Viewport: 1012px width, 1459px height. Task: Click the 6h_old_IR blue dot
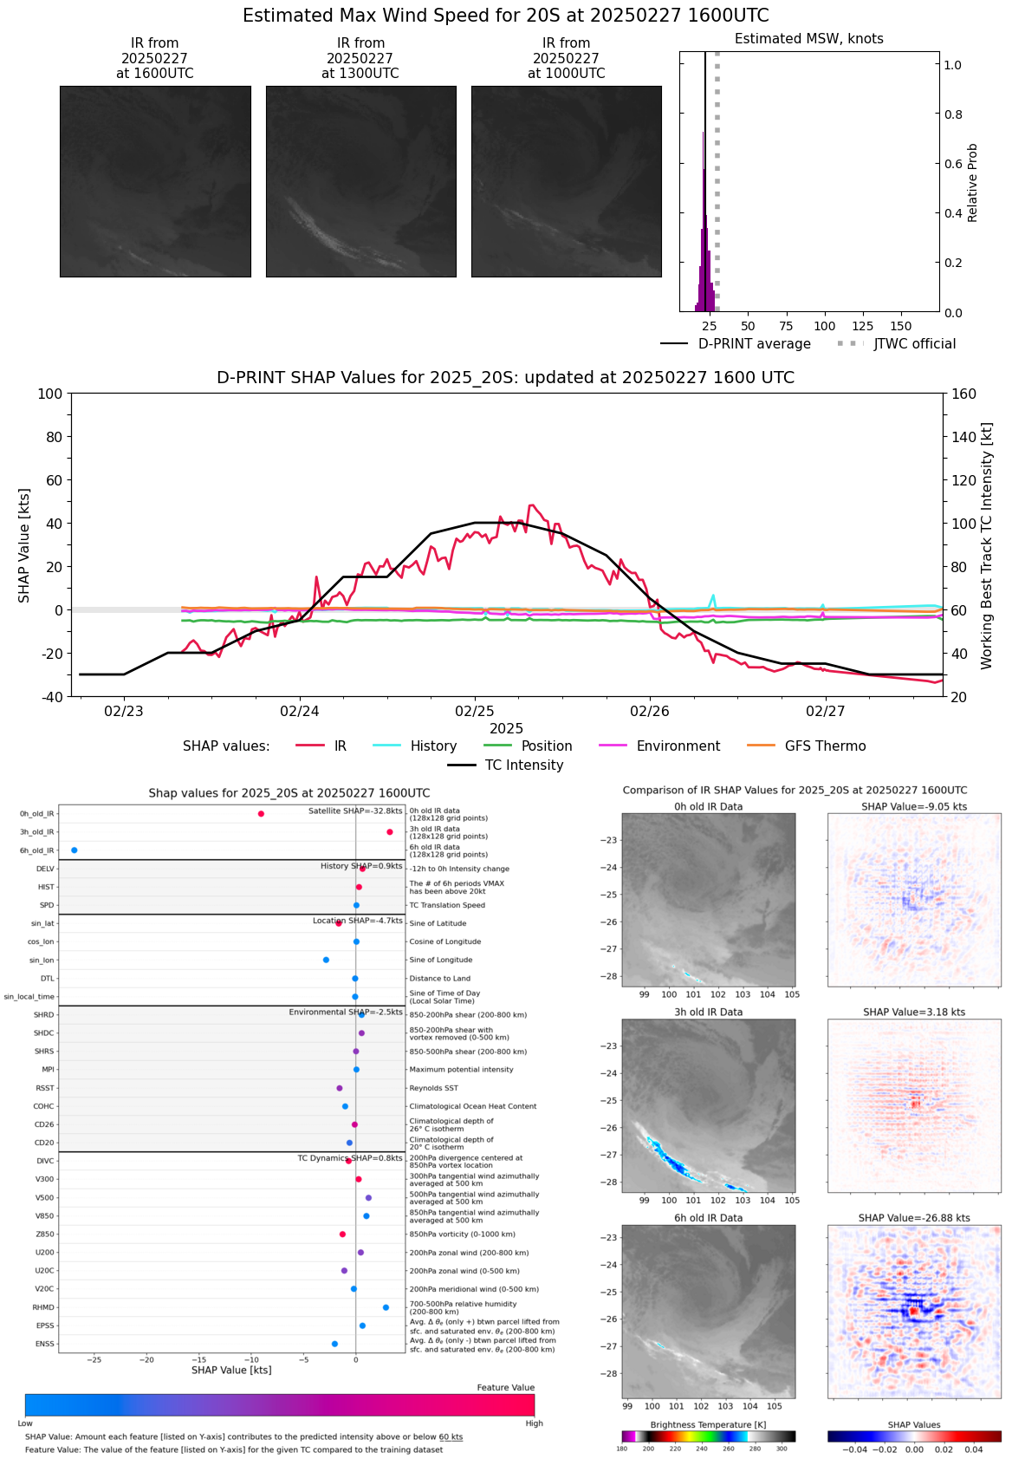tap(75, 850)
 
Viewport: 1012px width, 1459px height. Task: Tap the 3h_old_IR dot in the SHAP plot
tap(390, 832)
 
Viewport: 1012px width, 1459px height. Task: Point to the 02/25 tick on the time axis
tap(475, 712)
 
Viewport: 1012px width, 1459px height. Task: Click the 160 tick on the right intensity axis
tap(963, 394)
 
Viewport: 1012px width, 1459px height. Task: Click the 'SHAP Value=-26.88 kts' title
tap(914, 1218)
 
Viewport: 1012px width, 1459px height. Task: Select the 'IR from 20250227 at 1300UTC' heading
tap(360, 58)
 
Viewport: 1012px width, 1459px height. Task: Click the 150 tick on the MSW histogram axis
tap(901, 327)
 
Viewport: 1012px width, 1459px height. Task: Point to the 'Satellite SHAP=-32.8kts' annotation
tap(355, 811)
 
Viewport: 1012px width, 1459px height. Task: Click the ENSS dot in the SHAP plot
tap(334, 1344)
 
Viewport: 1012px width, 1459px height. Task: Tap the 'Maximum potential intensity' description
tap(461, 1070)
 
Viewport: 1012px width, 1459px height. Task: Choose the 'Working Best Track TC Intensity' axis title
tap(987, 546)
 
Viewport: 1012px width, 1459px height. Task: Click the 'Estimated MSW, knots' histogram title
tap(808, 39)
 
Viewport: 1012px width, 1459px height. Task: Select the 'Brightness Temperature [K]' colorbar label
tap(708, 1425)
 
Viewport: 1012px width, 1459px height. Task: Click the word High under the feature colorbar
tap(534, 1423)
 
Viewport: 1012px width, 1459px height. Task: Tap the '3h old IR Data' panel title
tap(708, 1013)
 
